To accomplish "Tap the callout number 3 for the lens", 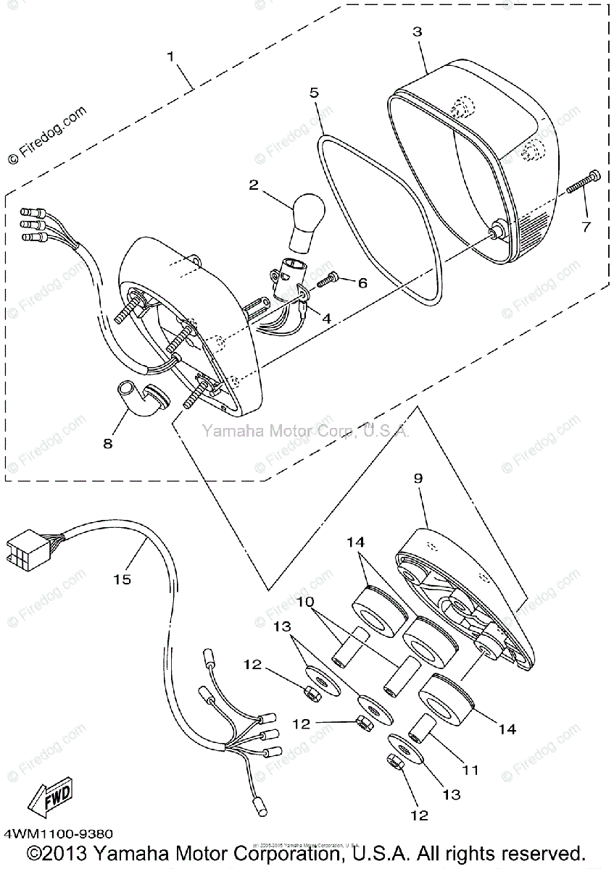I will (x=417, y=32).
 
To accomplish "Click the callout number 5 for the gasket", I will (x=313, y=93).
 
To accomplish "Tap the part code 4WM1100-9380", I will (x=57, y=835).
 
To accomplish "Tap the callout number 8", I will (x=108, y=443).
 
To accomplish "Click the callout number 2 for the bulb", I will (x=253, y=185).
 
